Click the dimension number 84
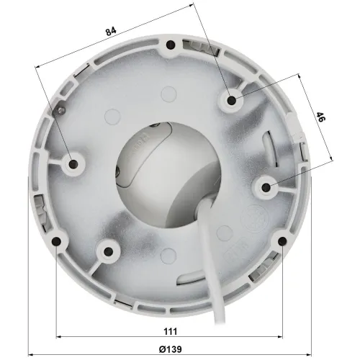pyautogui.click(x=110, y=32)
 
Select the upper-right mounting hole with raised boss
pyautogui.click(x=231, y=101)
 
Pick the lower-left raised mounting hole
pyautogui.click(x=109, y=251)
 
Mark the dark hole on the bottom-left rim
pyautogui.click(x=57, y=241)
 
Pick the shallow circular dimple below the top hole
pyautogui.click(x=169, y=94)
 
